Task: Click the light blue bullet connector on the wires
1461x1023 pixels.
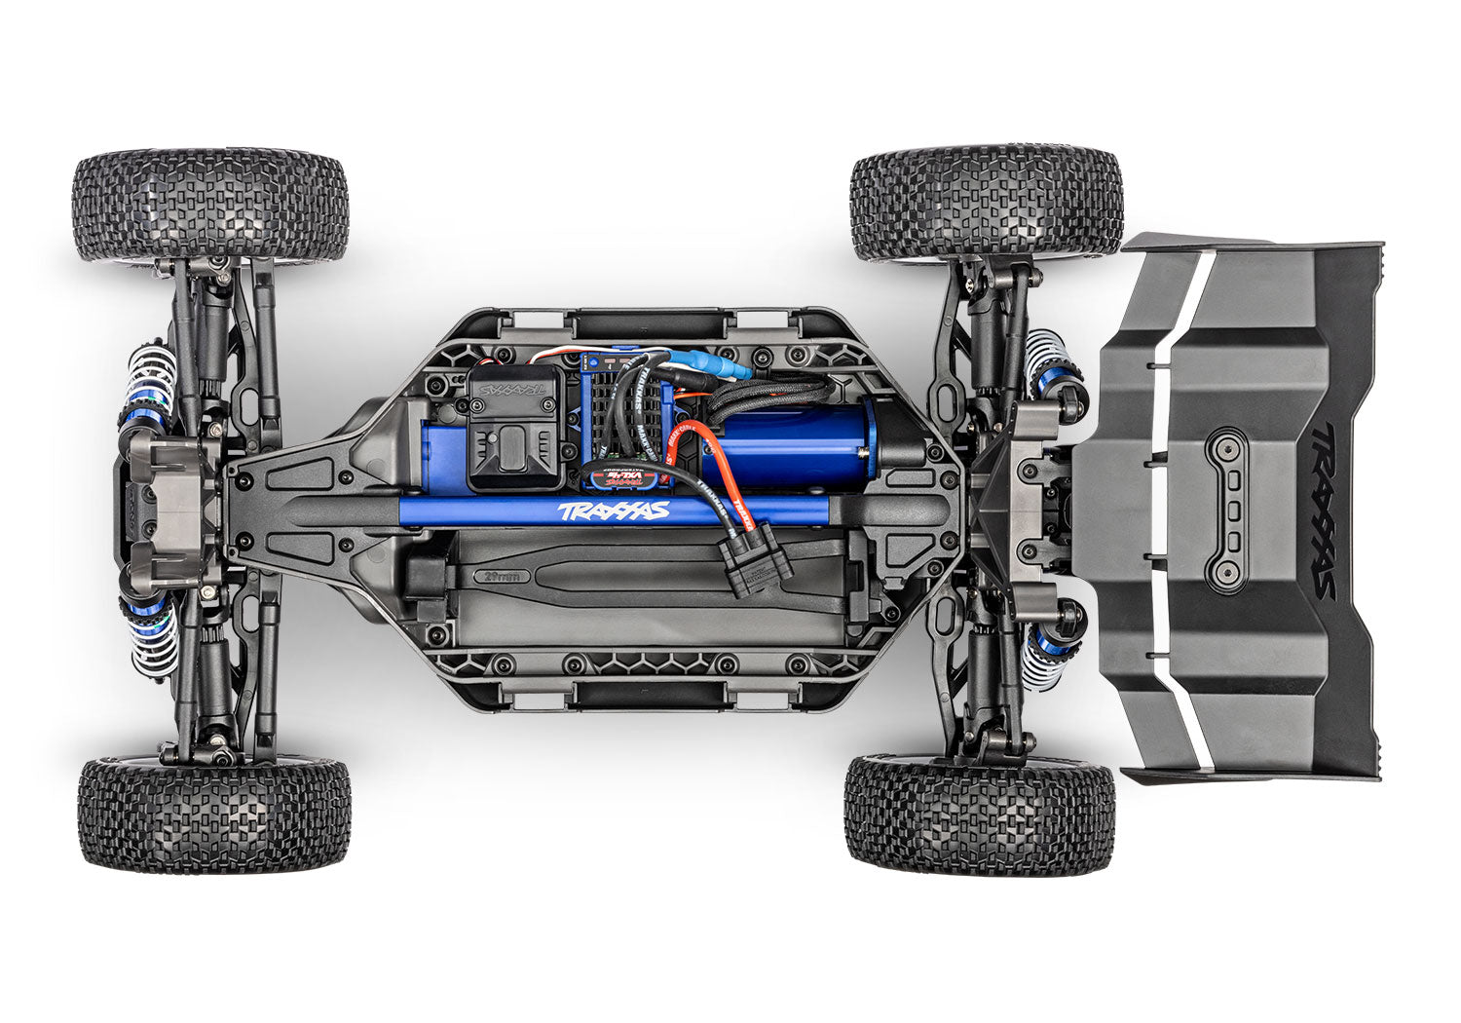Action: click(726, 369)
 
